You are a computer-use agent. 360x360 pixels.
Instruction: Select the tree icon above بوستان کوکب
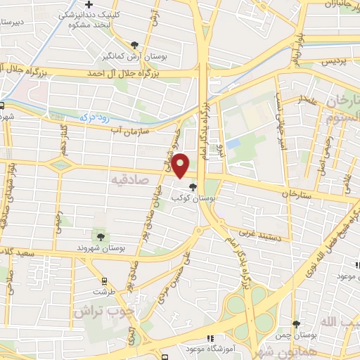point(193,186)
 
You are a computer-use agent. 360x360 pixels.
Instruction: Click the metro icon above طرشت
point(104,280)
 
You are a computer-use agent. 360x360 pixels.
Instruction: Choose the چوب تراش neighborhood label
point(100,310)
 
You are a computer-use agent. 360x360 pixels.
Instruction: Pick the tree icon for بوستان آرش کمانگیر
point(134,45)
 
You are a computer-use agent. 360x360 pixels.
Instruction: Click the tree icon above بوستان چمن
point(296,324)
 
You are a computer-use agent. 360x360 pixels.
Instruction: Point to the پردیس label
point(335,62)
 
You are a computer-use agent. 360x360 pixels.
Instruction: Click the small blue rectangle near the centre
point(233,143)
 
